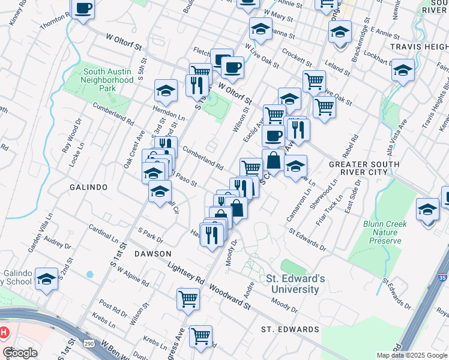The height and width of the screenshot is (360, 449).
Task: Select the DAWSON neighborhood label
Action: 153,254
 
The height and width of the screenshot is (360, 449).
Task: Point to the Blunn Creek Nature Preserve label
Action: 385,232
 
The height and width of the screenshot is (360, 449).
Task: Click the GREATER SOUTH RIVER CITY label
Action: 364,168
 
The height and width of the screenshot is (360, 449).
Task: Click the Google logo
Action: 20,353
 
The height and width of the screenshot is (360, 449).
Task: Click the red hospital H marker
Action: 3,332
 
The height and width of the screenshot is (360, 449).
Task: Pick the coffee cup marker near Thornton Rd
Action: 83,9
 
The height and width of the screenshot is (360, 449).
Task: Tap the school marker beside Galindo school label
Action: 46,279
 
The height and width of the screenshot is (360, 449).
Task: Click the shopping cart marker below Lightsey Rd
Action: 188,298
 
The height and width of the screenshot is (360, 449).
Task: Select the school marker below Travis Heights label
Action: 403,70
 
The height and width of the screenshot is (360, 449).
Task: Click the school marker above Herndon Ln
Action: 166,91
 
